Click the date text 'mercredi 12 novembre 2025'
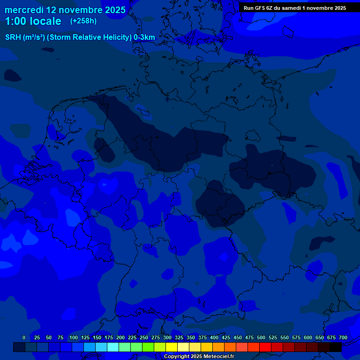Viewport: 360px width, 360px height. coord(65,10)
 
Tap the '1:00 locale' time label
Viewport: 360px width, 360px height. coord(33,21)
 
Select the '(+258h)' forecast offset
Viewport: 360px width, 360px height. coord(83,21)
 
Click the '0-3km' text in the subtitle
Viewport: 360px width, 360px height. coord(144,37)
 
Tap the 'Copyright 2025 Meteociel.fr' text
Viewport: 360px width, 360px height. coord(199,356)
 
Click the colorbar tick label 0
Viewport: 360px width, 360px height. coord(24,337)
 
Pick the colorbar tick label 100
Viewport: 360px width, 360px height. coord(74,337)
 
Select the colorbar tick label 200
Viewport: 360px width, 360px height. coord(120,337)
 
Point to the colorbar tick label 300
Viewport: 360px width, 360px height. coord(167,337)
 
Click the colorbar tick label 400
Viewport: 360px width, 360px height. coord(214,337)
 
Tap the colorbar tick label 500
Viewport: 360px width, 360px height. coord(261,337)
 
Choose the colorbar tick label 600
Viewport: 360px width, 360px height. coord(308,337)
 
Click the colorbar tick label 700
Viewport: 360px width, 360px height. coord(343,337)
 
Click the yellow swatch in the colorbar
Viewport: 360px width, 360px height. coord(172,347)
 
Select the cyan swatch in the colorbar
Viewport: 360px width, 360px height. coord(113,347)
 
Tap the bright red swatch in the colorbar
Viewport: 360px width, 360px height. coord(265,347)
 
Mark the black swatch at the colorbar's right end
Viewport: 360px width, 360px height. coord(336,347)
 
